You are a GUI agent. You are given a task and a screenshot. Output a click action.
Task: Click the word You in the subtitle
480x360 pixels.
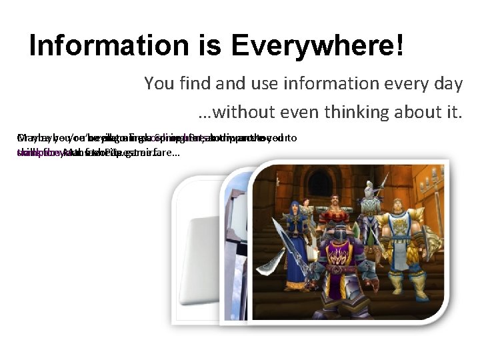pyautogui.click(x=158, y=84)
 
